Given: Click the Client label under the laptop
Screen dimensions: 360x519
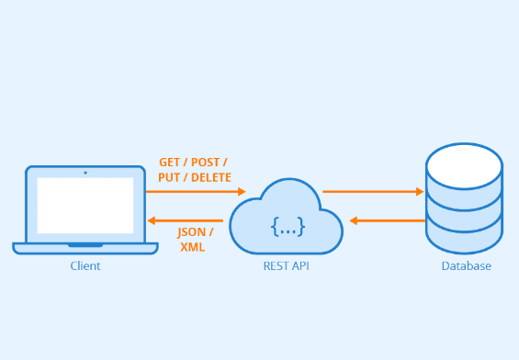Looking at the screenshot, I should coord(85,266).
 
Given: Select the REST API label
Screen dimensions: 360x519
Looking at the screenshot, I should coord(286,266).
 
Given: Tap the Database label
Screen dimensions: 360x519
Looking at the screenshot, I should coord(466,266).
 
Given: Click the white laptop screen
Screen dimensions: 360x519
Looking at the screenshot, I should coord(85,205).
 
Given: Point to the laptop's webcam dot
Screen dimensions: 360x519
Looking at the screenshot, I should coord(85,172).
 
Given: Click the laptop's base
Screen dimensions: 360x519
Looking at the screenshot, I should coord(85,247).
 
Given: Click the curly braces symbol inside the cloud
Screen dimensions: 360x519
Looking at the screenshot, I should coord(287,226).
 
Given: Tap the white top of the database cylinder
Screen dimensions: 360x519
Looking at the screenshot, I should coord(464,165).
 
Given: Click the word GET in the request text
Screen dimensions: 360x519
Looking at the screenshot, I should coord(170,161).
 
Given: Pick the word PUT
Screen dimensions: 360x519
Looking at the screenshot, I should coord(169,177).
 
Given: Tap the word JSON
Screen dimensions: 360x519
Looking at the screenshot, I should coord(191,231).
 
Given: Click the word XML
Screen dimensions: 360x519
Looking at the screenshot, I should coord(191,247).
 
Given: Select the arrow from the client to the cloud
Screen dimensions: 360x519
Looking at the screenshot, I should coord(196,192).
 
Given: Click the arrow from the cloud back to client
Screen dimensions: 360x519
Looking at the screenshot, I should coord(186,220).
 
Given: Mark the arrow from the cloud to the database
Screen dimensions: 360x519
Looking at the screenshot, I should coord(373,192).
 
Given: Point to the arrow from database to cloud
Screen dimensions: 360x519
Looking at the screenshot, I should coord(386,220).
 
